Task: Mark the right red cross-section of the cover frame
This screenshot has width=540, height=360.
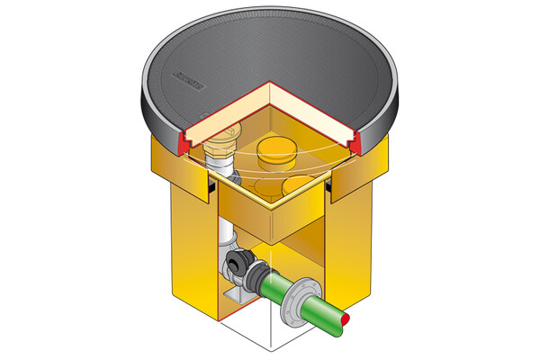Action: [x=353, y=139]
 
